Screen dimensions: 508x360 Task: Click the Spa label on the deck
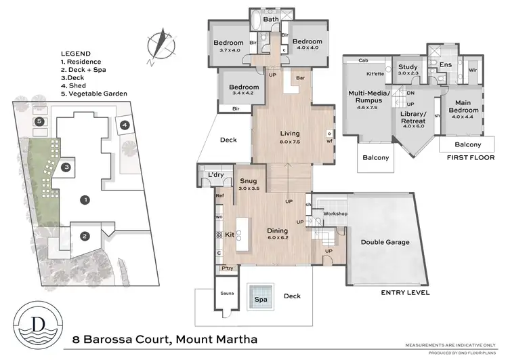260,299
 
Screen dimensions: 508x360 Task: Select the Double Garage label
383,242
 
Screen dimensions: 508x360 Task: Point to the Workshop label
335,214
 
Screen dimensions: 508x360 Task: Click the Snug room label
247,182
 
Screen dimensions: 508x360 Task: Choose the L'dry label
216,175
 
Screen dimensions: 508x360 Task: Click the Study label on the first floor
408,67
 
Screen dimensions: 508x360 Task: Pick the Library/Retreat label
413,115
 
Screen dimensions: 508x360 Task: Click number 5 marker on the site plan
39,121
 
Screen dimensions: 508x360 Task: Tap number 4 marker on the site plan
125,125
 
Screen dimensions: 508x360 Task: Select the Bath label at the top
271,20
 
